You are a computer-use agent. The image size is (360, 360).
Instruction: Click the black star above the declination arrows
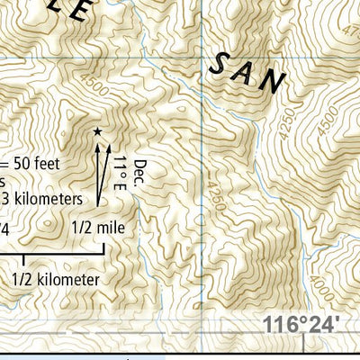pos(97,132)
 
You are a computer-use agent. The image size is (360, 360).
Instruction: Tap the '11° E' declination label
pos(120,171)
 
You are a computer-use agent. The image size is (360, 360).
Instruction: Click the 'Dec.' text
pos(139,171)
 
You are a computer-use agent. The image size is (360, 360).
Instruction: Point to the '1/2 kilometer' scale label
pos(56,280)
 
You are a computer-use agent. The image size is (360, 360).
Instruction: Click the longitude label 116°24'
pos(303,323)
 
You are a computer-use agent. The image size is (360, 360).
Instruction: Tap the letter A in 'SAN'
pos(244,72)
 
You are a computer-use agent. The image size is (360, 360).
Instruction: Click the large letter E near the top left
pos(80,12)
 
